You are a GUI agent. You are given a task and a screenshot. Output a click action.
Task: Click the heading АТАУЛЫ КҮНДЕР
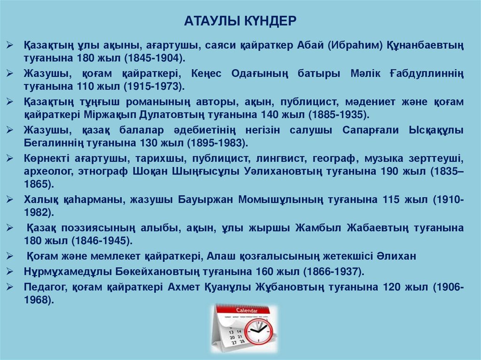(240, 21)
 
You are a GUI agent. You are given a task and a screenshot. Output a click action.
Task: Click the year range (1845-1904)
(154, 58)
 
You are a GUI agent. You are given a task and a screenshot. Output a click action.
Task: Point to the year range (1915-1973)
(154, 86)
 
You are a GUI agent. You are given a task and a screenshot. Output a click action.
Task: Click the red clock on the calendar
(259, 331)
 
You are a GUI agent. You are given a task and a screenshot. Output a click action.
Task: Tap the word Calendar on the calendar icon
(246, 310)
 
